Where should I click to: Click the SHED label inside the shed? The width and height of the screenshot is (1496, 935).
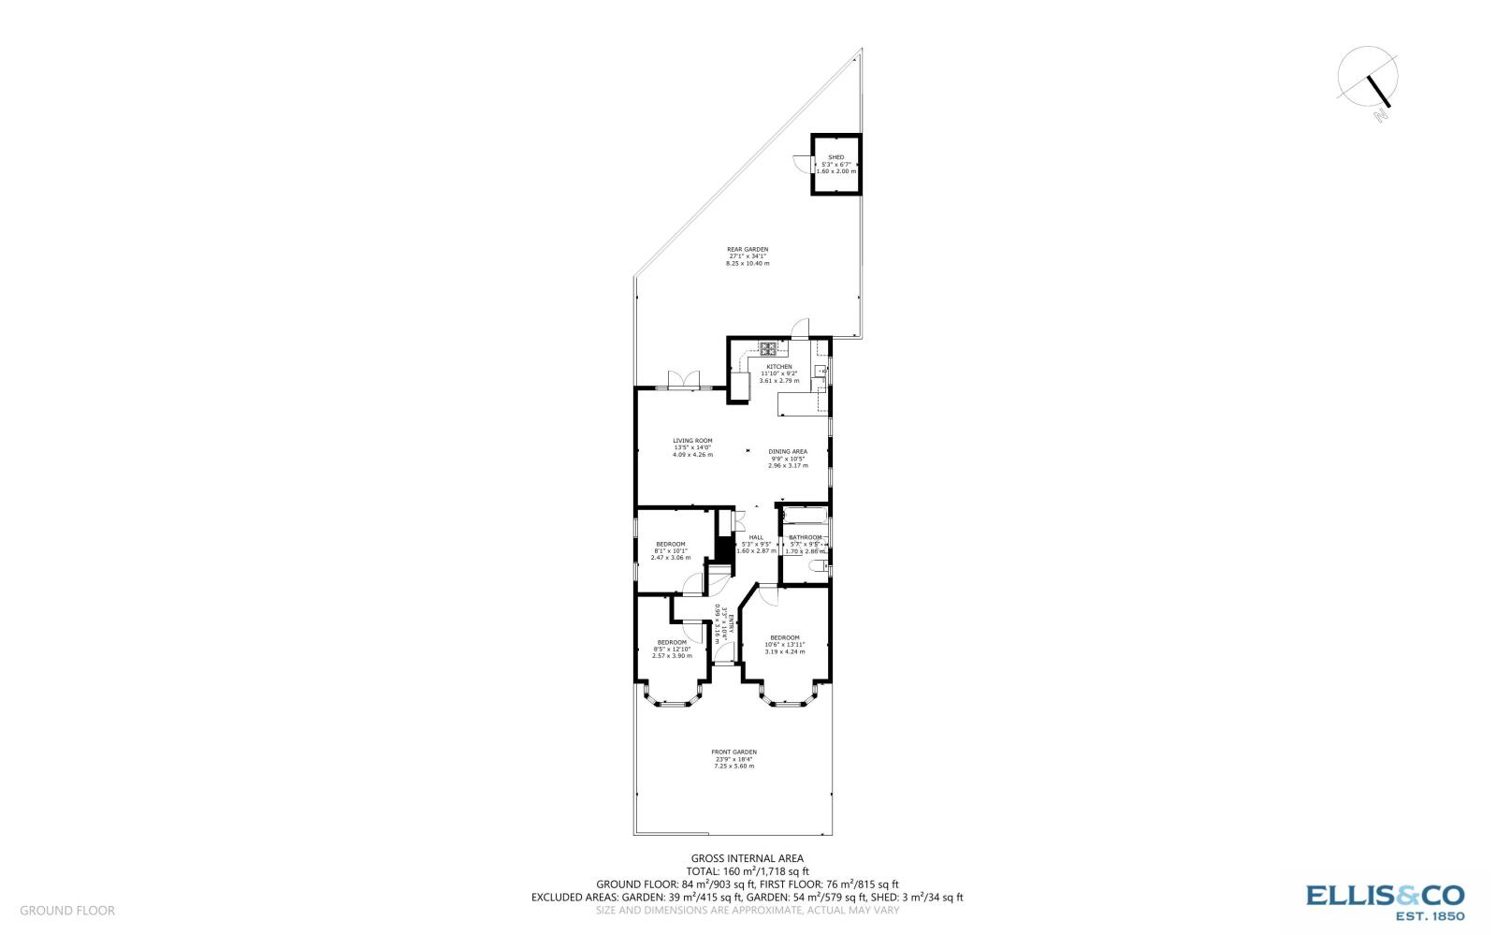pos(835,157)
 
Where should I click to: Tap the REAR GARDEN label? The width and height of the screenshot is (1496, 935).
pos(748,249)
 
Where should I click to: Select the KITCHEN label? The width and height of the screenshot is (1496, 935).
pos(778,367)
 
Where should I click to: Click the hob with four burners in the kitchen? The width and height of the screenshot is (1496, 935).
pos(767,350)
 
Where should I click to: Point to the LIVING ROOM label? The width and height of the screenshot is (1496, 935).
pos(692,441)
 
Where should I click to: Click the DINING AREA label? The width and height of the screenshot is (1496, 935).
pos(788,451)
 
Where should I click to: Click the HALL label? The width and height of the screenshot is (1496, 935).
pos(756,537)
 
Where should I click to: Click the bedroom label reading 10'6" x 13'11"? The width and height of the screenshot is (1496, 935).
pos(784,637)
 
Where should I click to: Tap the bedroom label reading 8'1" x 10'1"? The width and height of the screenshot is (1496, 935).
pos(670,544)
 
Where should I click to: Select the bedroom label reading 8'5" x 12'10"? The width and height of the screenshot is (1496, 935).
pos(672,642)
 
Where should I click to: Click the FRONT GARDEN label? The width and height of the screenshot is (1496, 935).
pos(734,752)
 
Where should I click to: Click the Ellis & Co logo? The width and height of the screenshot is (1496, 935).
pos(1385,900)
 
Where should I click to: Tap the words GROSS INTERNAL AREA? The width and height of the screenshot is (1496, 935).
pos(747,857)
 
